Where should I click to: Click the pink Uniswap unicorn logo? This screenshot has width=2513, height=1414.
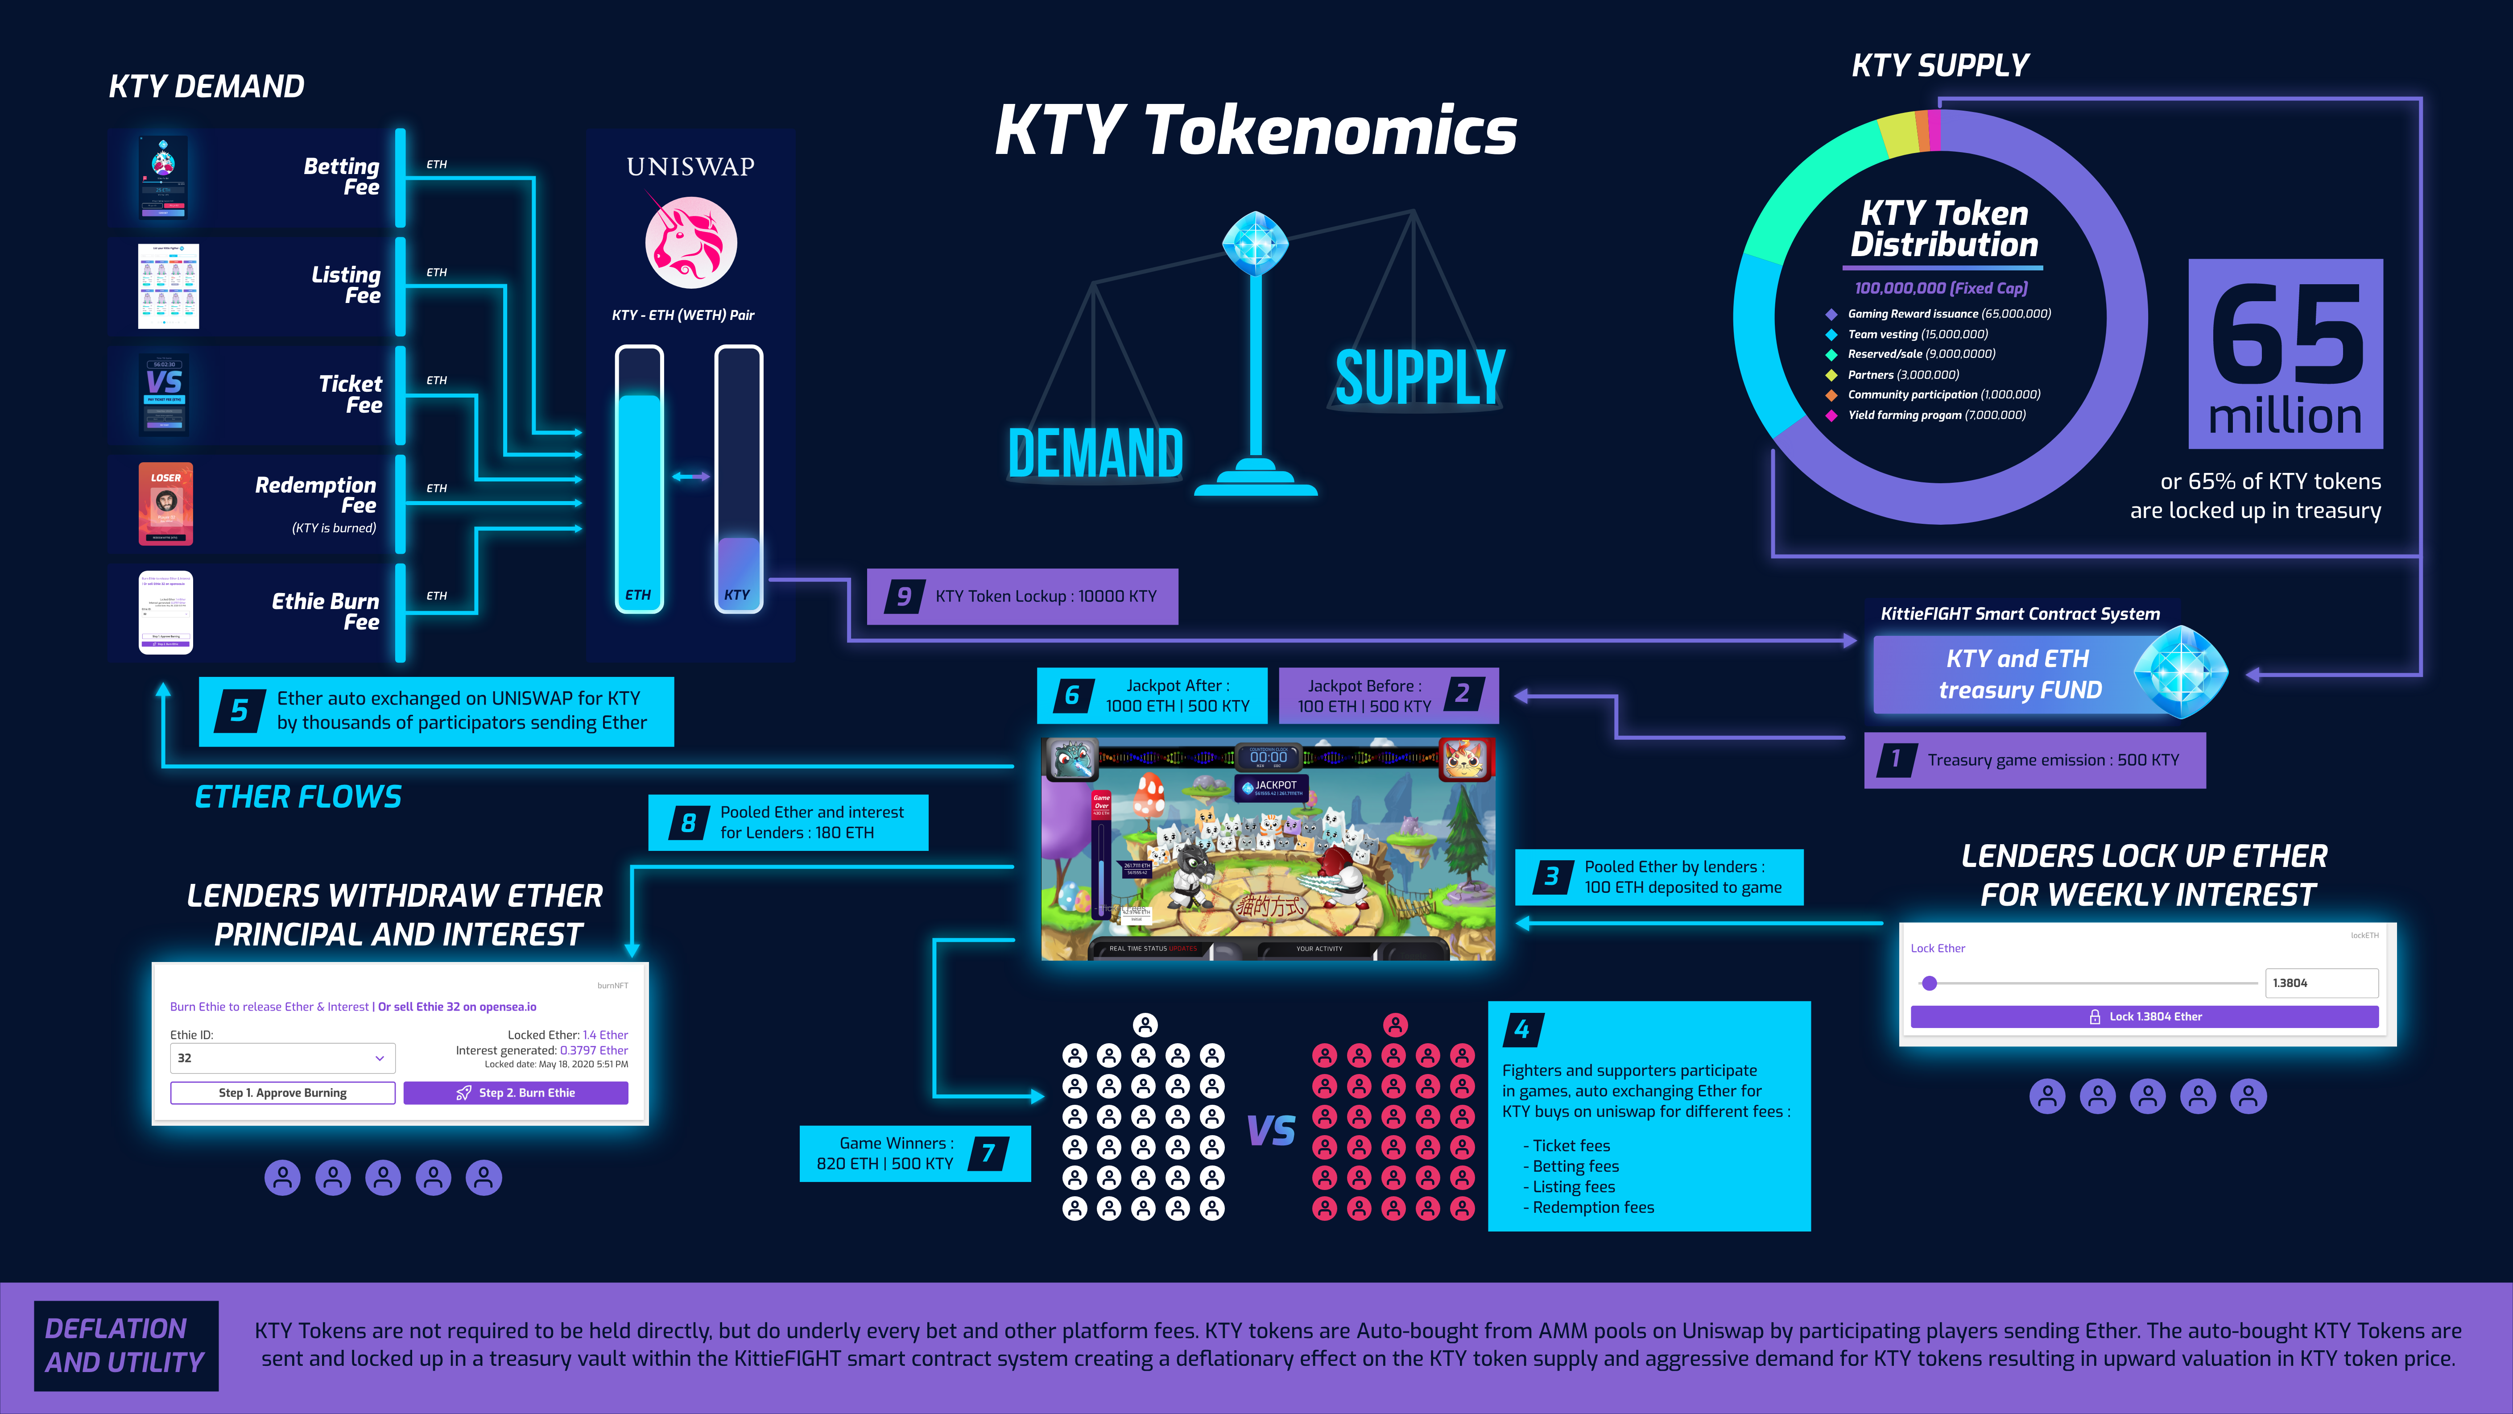tap(690, 242)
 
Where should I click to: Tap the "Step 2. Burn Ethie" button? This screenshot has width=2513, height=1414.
tap(516, 1093)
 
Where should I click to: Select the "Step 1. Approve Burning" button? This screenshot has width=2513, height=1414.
tap(283, 1093)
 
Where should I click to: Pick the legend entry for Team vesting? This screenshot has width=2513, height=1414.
tap(1917, 334)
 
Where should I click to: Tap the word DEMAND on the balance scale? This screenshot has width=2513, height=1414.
tap(1095, 454)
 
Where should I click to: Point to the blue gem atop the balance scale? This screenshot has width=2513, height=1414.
tap(1256, 242)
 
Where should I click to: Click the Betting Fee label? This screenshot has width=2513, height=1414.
tap(341, 177)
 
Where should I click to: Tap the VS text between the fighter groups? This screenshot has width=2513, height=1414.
tap(1271, 1131)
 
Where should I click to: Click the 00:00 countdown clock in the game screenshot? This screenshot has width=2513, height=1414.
tap(1268, 757)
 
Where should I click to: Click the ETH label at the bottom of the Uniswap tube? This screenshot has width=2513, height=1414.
tap(638, 594)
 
